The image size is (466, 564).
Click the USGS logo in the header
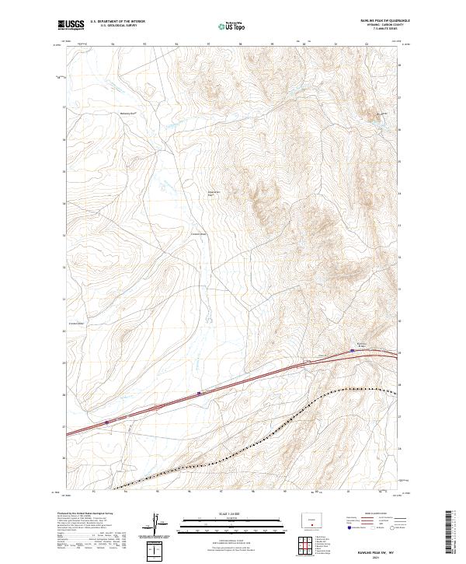tap(71, 25)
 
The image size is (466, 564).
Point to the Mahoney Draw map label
tap(127, 113)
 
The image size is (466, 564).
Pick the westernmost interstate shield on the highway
tap(106, 422)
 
